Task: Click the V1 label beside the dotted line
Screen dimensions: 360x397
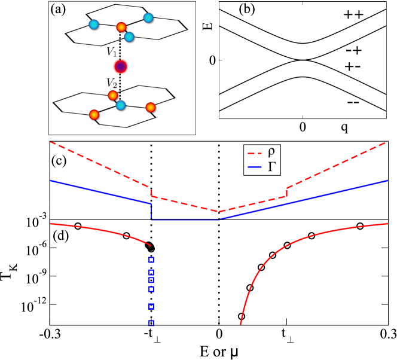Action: click(112, 51)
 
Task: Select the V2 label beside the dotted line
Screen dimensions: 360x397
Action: click(111, 83)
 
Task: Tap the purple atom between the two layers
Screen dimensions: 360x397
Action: click(121, 66)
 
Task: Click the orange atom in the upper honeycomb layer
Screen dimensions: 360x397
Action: click(121, 27)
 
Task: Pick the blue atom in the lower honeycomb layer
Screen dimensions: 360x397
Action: click(121, 105)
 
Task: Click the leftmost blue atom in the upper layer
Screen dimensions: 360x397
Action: click(94, 25)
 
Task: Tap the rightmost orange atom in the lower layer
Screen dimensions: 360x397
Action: click(150, 108)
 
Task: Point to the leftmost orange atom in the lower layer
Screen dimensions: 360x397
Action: click(94, 114)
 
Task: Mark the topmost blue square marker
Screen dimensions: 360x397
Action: click(151, 260)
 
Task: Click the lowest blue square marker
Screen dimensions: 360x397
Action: click(151, 324)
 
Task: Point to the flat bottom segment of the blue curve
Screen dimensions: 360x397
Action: click(185, 219)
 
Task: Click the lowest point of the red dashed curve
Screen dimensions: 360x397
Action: click(219, 211)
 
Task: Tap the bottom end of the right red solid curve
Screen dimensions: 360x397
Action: click(241, 324)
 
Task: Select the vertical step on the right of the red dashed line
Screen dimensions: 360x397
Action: click(287, 192)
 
